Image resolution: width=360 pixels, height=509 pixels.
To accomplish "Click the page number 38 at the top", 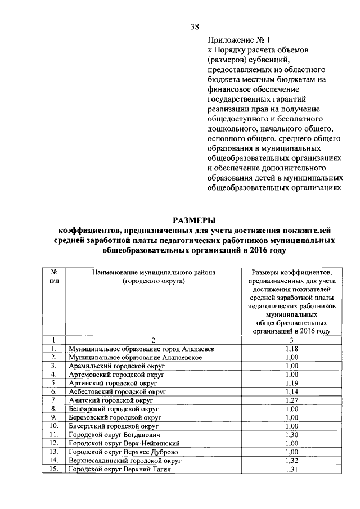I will click(194, 26).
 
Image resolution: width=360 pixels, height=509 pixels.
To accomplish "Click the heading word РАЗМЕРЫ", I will click(194, 220).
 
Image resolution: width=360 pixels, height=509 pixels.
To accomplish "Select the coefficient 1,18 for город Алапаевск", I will click(291, 349).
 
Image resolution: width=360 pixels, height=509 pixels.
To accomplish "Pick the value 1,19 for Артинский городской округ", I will click(291, 382).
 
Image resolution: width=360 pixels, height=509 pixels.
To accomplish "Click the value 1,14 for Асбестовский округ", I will click(291, 391).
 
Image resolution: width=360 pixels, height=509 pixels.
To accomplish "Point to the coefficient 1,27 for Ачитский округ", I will click(291, 400).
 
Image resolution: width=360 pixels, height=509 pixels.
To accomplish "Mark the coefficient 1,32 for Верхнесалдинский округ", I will click(291, 460).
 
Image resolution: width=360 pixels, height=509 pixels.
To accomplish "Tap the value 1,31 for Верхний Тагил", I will click(291, 469).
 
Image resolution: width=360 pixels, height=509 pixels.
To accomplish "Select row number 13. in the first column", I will click(54, 451).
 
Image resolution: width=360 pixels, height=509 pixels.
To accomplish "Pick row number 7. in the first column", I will click(54, 400).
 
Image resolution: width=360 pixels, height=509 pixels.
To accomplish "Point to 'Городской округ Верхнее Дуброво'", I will click(123, 451).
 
